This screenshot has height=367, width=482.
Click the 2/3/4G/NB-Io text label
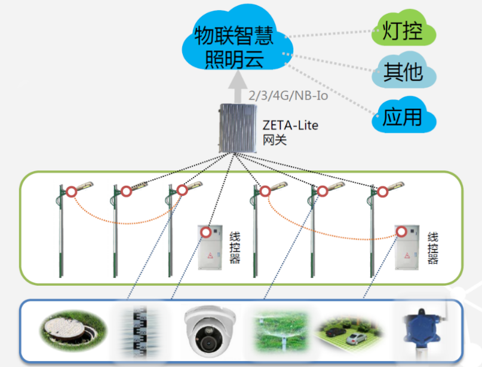pyautogui.click(x=288, y=95)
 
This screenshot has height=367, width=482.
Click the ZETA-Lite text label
pyautogui.click(x=290, y=126)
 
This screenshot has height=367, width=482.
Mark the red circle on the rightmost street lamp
pyautogui.click(x=382, y=192)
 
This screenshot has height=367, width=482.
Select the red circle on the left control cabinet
pyautogui.click(x=206, y=231)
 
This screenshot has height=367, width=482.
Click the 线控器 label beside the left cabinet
pyautogui.click(x=234, y=247)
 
